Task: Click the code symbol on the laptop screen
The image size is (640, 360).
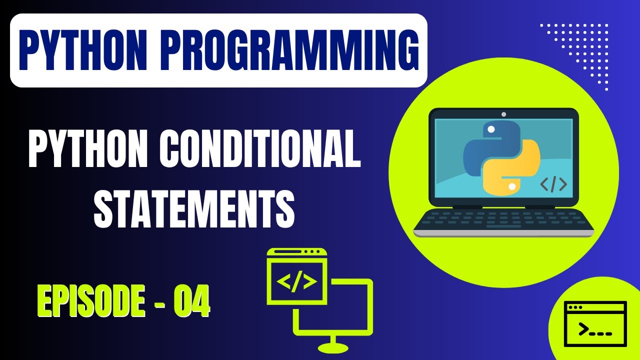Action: (553, 184)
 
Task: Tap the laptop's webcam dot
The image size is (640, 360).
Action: (503, 114)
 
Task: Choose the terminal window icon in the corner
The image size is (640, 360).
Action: (595, 324)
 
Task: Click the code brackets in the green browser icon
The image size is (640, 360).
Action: (296, 282)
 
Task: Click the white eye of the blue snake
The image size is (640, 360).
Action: (491, 129)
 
